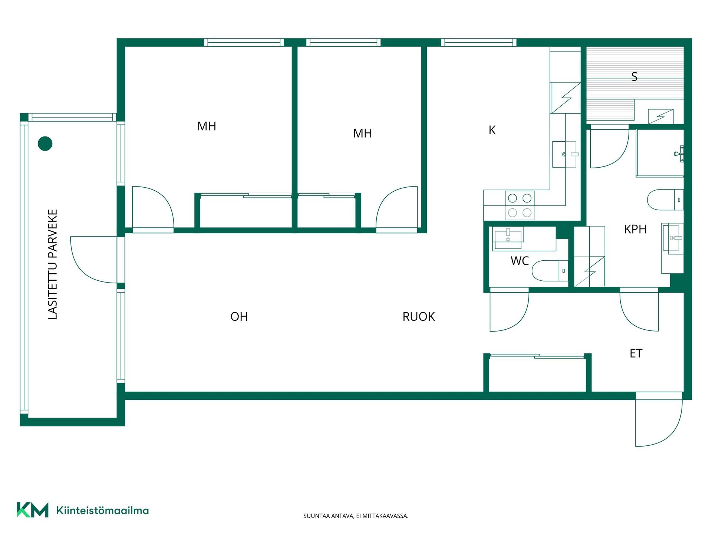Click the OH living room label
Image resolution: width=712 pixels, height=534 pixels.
pos(239,316)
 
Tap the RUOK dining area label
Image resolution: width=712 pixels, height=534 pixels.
pos(419,316)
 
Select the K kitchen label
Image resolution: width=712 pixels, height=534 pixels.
pos(492,130)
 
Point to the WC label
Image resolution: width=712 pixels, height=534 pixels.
pos(520,261)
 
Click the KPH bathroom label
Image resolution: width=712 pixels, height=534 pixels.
pos(635,229)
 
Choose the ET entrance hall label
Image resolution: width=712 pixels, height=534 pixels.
pos(636,353)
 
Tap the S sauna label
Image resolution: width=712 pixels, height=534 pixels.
pos(634,77)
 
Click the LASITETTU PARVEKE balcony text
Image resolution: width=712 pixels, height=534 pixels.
pos(53,264)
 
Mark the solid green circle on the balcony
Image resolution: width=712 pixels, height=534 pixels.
pos(45,144)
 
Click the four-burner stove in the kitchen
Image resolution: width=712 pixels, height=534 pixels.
pos(520,205)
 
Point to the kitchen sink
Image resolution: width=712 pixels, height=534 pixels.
pos(564,154)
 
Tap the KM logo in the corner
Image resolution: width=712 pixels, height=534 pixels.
pos(33,510)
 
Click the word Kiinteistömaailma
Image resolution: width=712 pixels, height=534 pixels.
pos(103,510)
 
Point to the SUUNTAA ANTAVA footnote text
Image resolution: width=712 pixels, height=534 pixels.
pos(356,516)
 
